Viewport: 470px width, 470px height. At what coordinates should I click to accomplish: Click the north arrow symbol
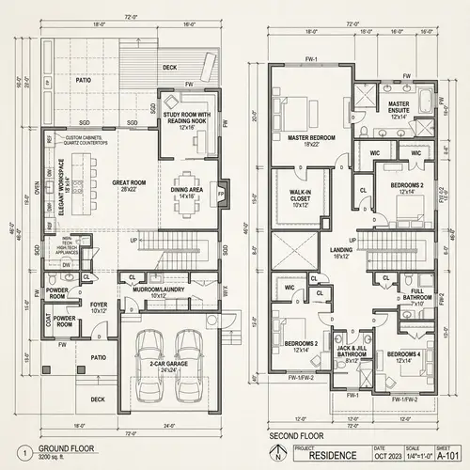click(x=275, y=457)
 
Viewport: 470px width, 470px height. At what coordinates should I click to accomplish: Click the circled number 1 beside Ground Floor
click(x=22, y=451)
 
